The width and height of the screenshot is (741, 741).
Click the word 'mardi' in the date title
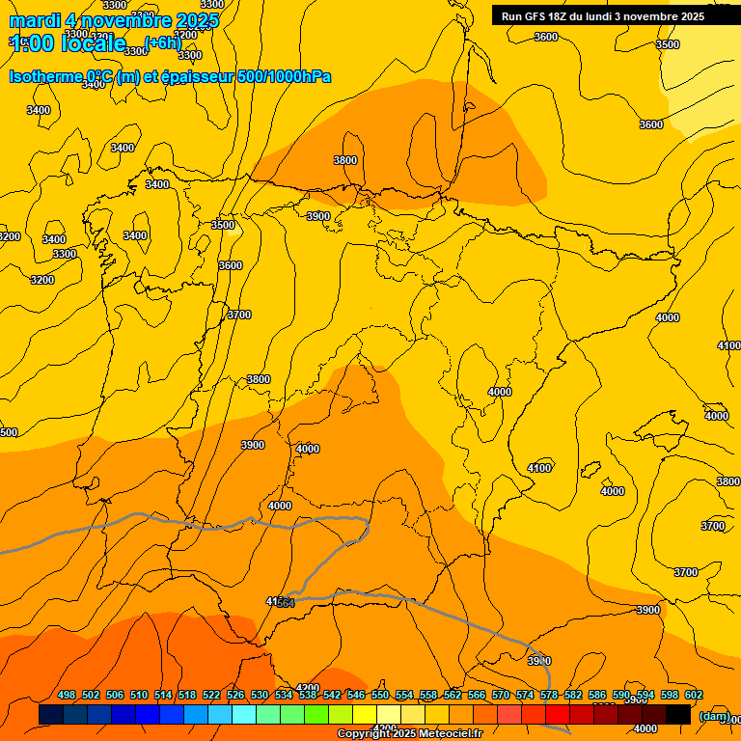tap(35, 21)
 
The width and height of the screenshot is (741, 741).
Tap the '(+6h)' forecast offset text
tap(162, 42)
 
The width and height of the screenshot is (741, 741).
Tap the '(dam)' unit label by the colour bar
tap(714, 715)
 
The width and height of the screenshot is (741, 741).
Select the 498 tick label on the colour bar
tap(67, 695)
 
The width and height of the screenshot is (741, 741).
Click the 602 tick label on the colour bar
tap(694, 695)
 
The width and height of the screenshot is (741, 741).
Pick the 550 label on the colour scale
tap(380, 695)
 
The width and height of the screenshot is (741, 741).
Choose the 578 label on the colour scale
tap(549, 695)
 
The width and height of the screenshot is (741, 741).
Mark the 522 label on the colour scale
tap(211, 695)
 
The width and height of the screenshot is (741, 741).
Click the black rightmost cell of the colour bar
tap(678, 714)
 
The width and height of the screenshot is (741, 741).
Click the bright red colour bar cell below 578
tap(557, 714)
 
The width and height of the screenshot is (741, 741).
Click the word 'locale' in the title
tap(94, 43)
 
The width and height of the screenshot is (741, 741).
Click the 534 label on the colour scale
tap(284, 695)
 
